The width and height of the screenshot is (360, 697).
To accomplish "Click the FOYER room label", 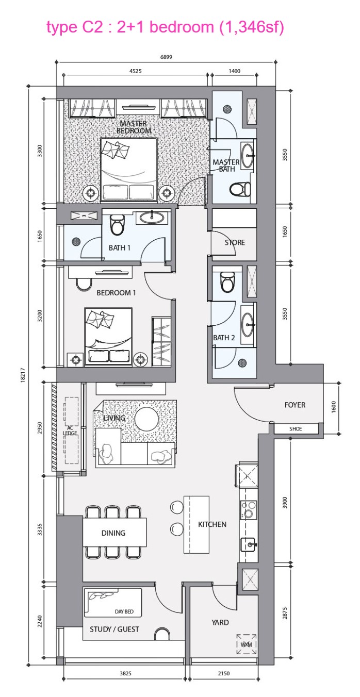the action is point(294,405).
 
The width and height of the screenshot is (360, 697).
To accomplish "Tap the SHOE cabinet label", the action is point(295,429).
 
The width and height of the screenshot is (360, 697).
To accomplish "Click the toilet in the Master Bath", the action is point(240,189).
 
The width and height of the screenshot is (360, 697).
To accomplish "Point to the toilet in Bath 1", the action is point(118,224).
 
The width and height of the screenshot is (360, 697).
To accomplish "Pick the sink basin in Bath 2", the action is point(248,325).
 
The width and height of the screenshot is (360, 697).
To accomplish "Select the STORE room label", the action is point(235,242).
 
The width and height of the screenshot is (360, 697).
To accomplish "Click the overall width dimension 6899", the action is point(166,57).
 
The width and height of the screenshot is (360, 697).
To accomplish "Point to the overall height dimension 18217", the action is point(23,375).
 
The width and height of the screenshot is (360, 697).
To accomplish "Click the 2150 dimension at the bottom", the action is point(224,673).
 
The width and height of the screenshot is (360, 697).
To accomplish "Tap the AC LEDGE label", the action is point(70,430).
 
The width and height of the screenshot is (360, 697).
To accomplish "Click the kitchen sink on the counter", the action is point(249,544).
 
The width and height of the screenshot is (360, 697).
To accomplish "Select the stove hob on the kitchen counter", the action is point(249,509).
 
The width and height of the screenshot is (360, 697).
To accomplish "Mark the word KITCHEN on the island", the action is point(212,524).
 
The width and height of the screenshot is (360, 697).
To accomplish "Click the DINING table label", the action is point(113,533).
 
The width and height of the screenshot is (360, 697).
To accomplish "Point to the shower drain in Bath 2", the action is point(242,363).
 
